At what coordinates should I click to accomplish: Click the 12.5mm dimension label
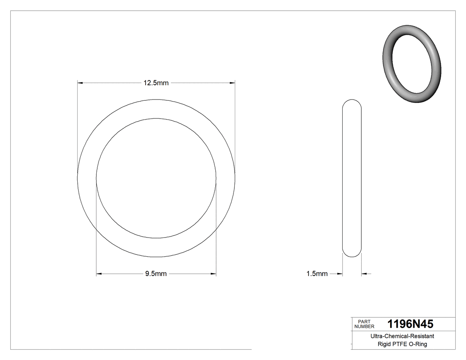156,83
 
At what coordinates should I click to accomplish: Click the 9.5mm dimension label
156,274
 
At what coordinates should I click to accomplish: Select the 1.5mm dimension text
317,274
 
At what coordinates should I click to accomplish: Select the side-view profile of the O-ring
352,178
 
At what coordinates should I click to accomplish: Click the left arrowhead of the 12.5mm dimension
80,83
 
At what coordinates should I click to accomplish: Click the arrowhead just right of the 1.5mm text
340,274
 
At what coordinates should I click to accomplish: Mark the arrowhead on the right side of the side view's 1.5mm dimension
364,274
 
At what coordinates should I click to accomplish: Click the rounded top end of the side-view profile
352,101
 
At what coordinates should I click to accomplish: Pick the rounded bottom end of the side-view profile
352,255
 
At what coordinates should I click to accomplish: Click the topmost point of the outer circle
156,99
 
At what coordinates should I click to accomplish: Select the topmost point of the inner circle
156,119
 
